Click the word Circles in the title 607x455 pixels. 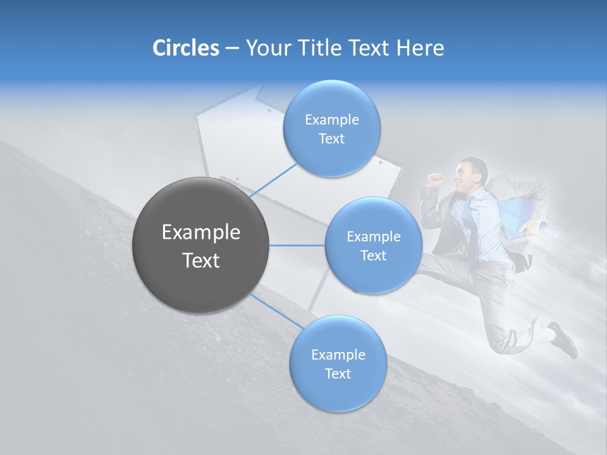pos(185,48)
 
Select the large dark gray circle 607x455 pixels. pos(201,245)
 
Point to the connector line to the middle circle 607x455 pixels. pos(297,245)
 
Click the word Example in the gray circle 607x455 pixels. pos(201,233)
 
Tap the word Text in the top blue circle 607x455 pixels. pos(331,139)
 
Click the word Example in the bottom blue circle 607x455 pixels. pos(338,355)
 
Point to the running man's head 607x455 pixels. pos(473,173)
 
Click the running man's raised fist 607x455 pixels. pos(434,179)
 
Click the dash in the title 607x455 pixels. pos(232,49)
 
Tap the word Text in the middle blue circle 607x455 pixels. pos(373,255)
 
